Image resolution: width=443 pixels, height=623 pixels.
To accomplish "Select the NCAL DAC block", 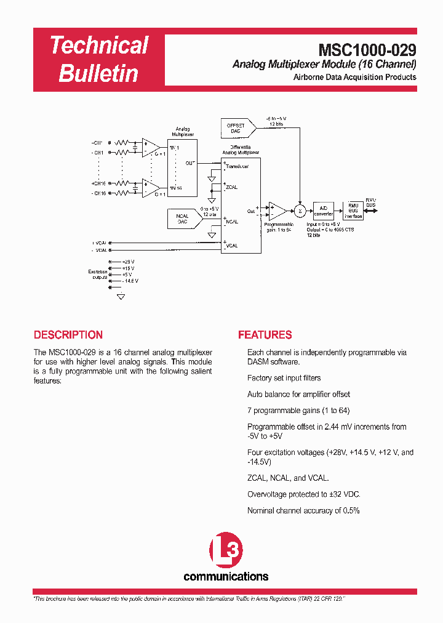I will (x=182, y=218).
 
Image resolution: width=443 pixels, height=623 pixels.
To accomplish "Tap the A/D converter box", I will (x=324, y=211).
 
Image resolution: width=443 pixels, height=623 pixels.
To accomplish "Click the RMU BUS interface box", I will (x=353, y=211).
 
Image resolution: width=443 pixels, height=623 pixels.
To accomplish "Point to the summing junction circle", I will (x=300, y=211).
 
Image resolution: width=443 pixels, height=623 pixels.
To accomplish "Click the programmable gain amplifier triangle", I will (x=277, y=211).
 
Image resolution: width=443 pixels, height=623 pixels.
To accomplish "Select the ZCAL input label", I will (x=232, y=187).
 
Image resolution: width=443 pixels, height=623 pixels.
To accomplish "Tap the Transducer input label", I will (x=237, y=166).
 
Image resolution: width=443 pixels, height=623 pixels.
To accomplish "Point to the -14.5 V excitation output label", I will (x=129, y=281).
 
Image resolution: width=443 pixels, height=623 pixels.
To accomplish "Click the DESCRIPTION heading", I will (x=68, y=336).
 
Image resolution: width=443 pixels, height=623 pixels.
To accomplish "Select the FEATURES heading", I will (x=265, y=336).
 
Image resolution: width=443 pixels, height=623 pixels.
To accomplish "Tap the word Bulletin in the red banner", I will (x=98, y=74).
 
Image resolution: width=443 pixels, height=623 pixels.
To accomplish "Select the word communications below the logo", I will (x=226, y=577).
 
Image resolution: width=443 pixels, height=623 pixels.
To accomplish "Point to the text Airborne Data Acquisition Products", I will (x=354, y=78).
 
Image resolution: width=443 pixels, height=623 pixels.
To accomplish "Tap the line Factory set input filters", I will (x=284, y=378).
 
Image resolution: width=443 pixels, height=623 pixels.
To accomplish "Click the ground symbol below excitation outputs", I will (x=121, y=296).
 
